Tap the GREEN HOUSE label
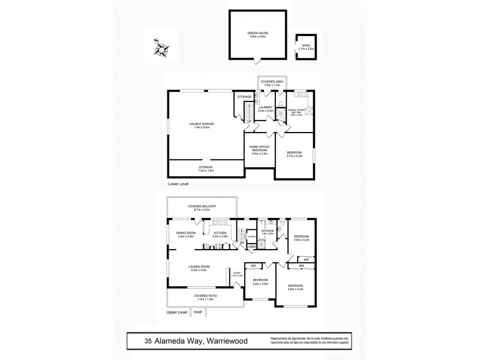pyautogui.click(x=257, y=33)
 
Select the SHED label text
pyautogui.click(x=306, y=44)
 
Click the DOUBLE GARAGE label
pyautogui.click(x=202, y=124)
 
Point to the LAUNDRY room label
pyautogui.click(x=266, y=107)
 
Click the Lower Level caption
pyautogui.click(x=179, y=183)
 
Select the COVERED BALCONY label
pyautogui.click(x=202, y=206)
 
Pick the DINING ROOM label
pyautogui.click(x=187, y=233)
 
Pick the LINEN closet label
pyautogui.click(x=252, y=247)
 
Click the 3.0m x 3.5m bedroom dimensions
pyautogui.click(x=260, y=283)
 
